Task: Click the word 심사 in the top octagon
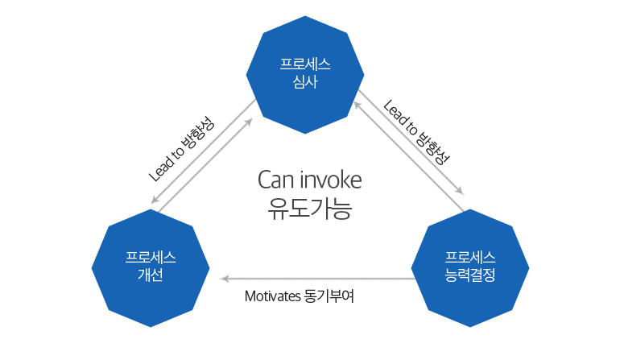[x=305, y=82]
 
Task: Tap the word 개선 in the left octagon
[x=151, y=275]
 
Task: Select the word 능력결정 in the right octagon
[x=469, y=275]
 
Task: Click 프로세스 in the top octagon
[x=305, y=64]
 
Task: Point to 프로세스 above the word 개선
[x=151, y=258]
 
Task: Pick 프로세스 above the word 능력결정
[x=469, y=258]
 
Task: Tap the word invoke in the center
[x=331, y=180]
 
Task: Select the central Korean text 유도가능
[x=310, y=209]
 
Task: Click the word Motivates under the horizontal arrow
[x=273, y=296]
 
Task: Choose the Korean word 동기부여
[x=329, y=296]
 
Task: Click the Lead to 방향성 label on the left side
[x=181, y=149]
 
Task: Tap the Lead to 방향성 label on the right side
[x=416, y=132]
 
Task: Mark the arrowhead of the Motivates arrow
[x=224, y=279]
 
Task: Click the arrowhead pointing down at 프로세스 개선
[x=155, y=200]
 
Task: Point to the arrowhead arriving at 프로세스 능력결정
[x=460, y=191]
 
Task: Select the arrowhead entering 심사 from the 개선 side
[x=248, y=122]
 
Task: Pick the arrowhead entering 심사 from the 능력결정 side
[x=357, y=106]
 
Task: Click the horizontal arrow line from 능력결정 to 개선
[x=317, y=279]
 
